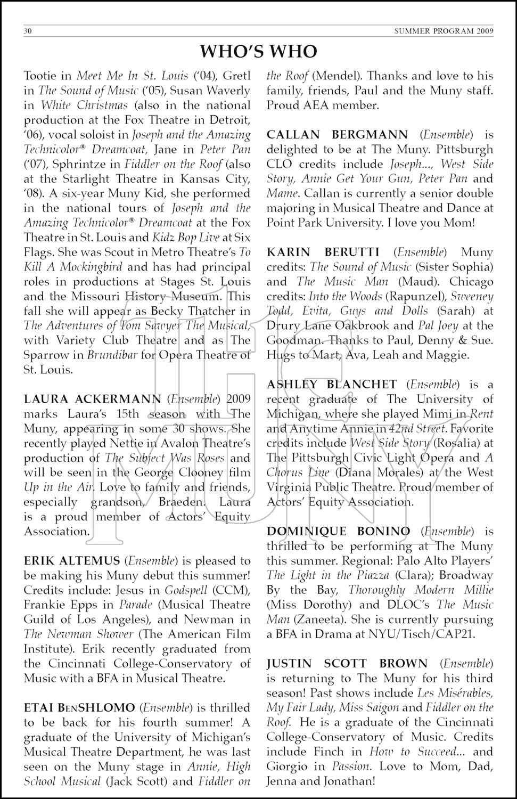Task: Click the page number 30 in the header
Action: click(28, 31)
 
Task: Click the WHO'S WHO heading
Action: click(258, 51)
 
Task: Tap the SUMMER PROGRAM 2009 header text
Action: click(444, 31)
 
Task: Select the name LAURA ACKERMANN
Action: click(93, 399)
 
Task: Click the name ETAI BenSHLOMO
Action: click(79, 708)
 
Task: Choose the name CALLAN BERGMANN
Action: click(338, 135)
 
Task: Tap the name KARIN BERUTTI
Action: click(323, 252)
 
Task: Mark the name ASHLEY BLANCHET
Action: click(332, 385)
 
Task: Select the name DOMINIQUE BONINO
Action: click(338, 532)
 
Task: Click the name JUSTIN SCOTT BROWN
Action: click(347, 664)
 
